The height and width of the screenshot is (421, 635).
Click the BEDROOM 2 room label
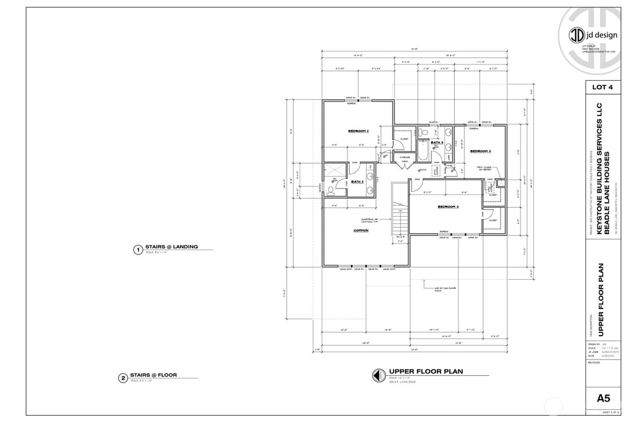[x=358, y=131]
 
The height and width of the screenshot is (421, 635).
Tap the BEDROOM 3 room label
[x=480, y=151]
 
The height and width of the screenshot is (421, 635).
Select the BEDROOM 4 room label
[x=447, y=207]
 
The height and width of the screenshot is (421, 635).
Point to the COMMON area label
[x=361, y=231]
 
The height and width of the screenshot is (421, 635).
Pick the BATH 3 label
[x=437, y=143]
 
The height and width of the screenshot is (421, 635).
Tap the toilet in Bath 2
[x=330, y=189]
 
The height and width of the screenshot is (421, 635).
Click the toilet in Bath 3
[x=423, y=132]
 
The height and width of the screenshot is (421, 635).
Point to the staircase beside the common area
[x=399, y=211]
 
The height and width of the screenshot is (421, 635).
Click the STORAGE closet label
[x=405, y=158]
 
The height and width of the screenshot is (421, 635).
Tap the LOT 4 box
[x=603, y=87]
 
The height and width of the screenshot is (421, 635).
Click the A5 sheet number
[x=603, y=398]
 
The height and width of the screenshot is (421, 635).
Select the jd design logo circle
[x=576, y=35]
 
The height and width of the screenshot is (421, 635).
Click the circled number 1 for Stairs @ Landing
[x=138, y=250]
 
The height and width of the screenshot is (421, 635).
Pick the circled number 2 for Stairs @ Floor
[x=123, y=379]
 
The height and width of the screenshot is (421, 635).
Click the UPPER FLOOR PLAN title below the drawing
[x=426, y=371]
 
